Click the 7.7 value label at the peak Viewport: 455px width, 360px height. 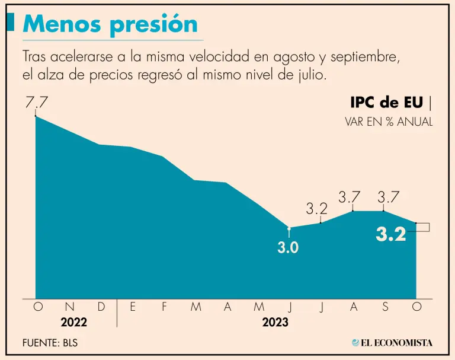coord(36,102)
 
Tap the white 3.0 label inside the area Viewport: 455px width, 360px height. coord(288,248)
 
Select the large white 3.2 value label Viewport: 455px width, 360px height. coord(391,235)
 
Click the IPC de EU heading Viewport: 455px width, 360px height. coord(386,102)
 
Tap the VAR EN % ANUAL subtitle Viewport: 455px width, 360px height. coord(389,122)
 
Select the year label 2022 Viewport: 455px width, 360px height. coord(73,323)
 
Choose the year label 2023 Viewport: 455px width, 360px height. coord(275,323)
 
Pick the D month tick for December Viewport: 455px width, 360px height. coord(101,307)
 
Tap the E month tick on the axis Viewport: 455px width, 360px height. coord(133,307)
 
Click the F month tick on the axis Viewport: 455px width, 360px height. coord(164,307)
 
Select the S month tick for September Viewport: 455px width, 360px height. coord(385,307)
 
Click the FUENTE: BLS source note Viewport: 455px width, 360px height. coord(50,343)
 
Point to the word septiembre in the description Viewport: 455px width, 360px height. coord(358,58)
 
